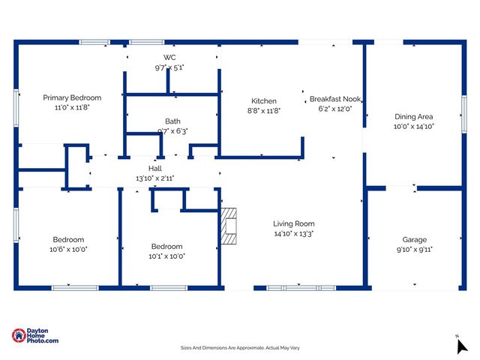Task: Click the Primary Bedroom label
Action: (x=72, y=97)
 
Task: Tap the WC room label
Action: (x=169, y=58)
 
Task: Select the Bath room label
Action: (x=172, y=121)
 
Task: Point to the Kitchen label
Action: (x=263, y=101)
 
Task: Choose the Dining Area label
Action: (x=414, y=117)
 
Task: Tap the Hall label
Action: (x=155, y=169)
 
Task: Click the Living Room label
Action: (x=293, y=223)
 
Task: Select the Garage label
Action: (x=414, y=239)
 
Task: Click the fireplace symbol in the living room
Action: (x=229, y=226)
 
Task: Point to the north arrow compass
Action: (x=461, y=345)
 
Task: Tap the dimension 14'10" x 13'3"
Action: (x=293, y=233)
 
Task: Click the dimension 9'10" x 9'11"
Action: (x=414, y=249)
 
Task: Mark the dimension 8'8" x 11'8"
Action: (x=263, y=111)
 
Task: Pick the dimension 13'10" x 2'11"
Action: (x=155, y=178)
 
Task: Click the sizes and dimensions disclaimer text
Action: (x=239, y=348)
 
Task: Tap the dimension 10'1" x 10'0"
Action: (x=166, y=256)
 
